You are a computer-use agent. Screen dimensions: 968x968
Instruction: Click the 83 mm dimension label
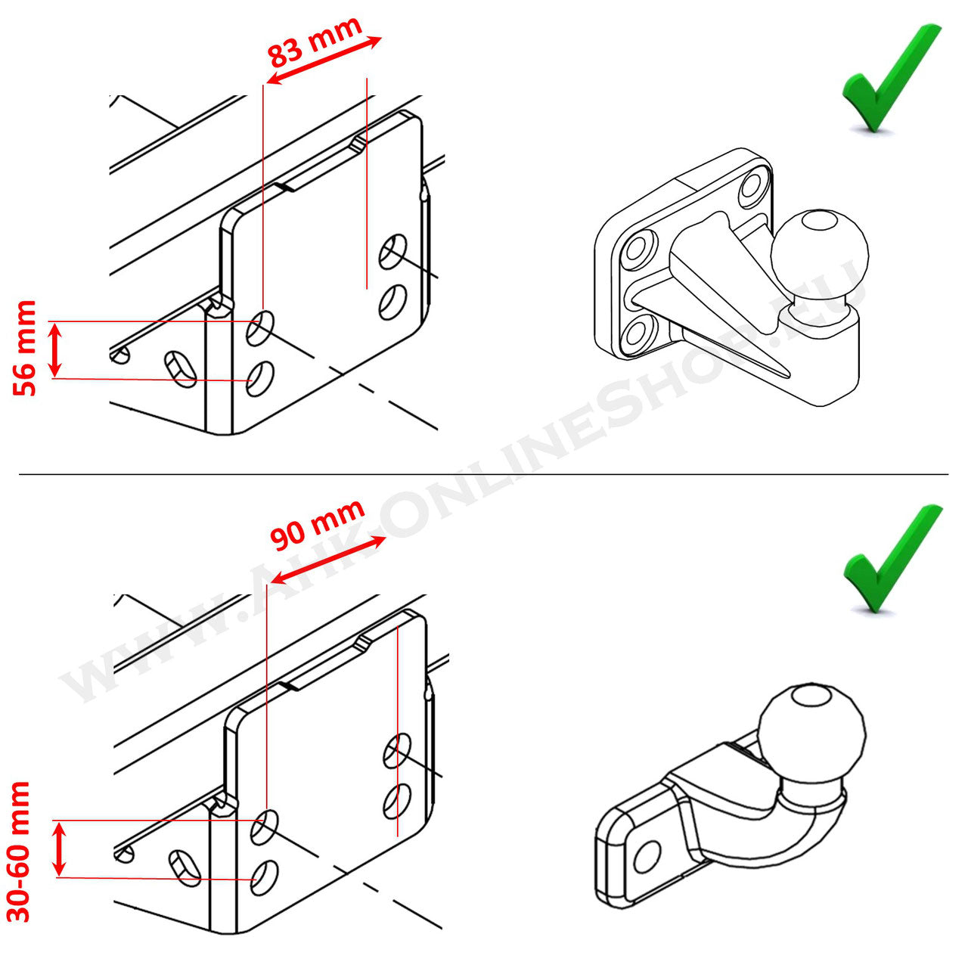(314, 42)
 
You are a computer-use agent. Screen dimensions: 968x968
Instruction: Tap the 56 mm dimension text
(26, 348)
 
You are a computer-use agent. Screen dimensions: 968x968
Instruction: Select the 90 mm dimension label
(318, 523)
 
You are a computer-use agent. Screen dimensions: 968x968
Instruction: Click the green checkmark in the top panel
(890, 79)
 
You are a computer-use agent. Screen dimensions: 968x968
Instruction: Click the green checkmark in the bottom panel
(892, 560)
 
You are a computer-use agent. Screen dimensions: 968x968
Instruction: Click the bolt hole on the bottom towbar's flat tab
(647, 856)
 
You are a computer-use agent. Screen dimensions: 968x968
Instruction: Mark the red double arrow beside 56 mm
(54, 349)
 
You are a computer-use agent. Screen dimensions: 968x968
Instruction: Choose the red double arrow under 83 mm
(324, 60)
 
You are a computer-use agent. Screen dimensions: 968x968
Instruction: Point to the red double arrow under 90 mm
(327, 560)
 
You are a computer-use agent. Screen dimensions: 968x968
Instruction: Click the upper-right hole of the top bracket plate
(393, 251)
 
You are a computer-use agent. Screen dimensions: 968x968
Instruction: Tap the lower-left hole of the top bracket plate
(260, 378)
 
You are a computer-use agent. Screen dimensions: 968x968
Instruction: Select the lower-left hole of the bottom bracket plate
(264, 878)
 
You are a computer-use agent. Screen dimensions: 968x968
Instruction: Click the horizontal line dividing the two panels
(484, 475)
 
